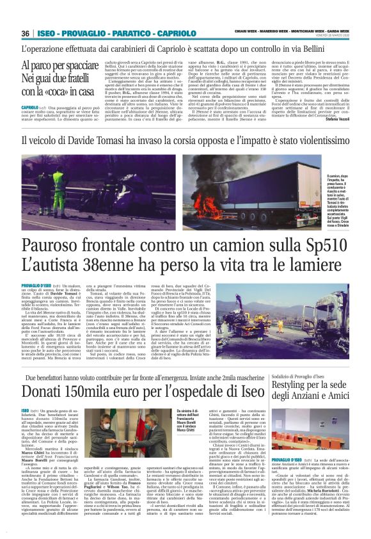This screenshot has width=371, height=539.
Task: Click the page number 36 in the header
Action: click(26, 33)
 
